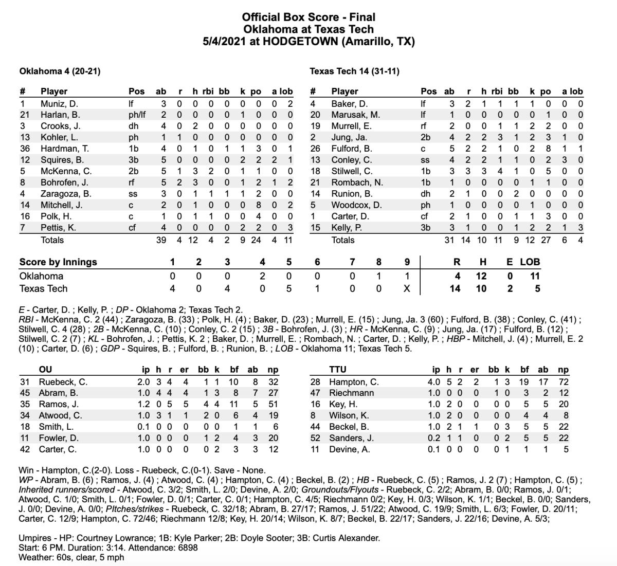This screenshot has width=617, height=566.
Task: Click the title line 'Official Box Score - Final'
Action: [x=308, y=17]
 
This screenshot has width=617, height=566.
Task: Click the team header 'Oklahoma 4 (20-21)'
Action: [x=60, y=71]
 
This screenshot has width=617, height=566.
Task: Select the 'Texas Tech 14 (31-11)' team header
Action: [x=354, y=71]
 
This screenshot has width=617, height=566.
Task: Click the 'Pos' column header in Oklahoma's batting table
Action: [x=136, y=92]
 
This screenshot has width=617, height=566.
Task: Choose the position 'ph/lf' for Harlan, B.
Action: [x=137, y=115]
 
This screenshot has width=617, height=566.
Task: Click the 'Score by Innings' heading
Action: [x=58, y=262]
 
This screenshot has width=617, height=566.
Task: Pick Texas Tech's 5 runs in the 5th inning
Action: [x=289, y=289]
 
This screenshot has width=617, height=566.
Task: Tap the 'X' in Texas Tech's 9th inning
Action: [x=407, y=289]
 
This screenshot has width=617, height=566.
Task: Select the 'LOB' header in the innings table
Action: [x=530, y=262]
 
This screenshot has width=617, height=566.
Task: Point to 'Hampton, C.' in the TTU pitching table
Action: [x=354, y=381]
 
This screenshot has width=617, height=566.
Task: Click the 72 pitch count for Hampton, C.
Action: [x=564, y=381]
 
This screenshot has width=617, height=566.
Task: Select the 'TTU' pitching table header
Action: [x=338, y=370]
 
